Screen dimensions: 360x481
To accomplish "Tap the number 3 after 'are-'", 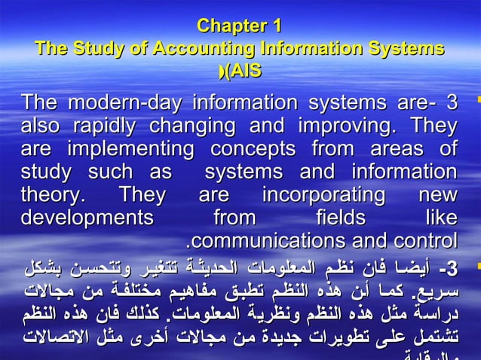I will pos(452,102).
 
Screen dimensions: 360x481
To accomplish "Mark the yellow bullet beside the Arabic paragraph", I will pos(472,267).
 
